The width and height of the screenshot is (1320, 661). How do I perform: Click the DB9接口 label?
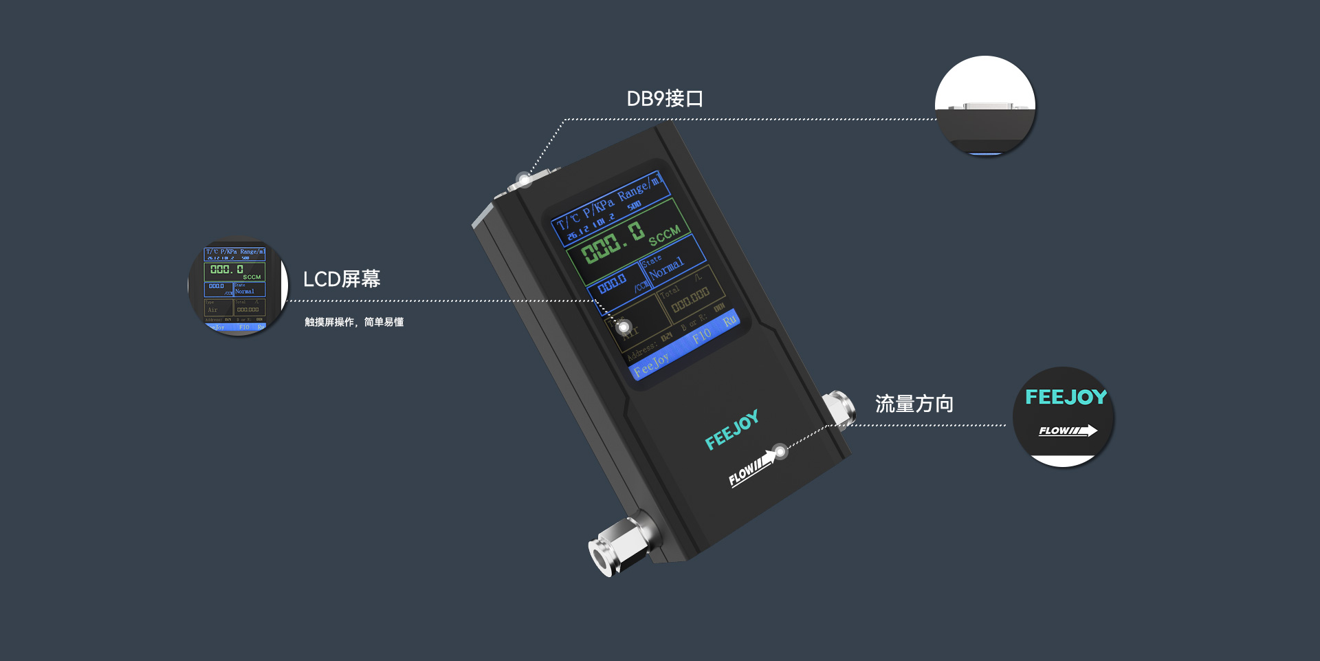664,99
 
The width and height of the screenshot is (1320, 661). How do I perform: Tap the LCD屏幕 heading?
342,279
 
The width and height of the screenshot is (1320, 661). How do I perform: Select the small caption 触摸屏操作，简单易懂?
354,322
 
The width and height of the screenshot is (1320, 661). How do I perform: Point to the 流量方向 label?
914,404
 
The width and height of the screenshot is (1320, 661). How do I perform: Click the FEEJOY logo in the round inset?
1066,397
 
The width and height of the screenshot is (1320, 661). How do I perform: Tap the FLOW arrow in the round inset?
1068,431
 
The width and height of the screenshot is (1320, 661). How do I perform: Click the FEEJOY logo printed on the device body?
732,429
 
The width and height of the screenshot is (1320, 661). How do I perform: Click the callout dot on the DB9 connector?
524,180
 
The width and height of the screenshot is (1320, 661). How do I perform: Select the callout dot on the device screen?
624,327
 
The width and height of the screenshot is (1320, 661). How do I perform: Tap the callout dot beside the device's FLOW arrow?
780,452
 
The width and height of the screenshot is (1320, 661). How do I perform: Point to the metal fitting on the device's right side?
839,408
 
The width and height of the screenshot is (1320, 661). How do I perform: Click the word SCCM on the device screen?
664,235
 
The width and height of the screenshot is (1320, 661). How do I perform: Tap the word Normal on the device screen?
667,268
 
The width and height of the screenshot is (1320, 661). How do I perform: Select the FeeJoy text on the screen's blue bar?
651,364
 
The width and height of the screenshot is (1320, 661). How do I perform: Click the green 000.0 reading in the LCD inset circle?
227,270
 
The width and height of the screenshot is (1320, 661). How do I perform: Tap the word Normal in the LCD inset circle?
245,292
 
